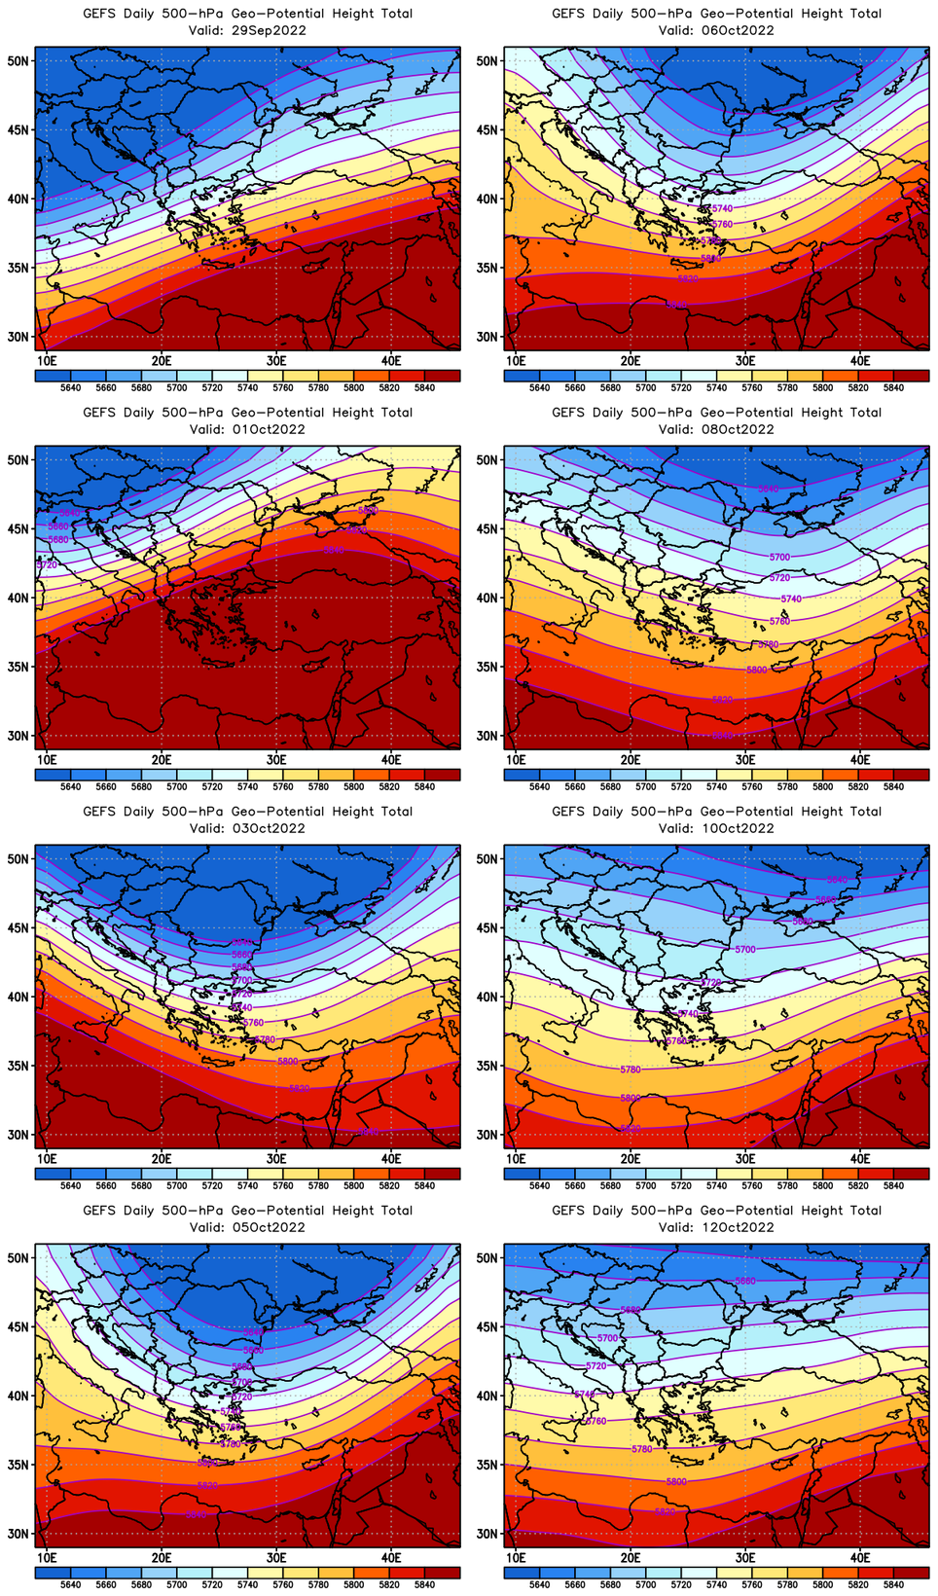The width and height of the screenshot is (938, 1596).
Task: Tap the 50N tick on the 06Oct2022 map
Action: point(487,60)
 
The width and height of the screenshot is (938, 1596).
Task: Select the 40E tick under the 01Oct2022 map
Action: point(391,760)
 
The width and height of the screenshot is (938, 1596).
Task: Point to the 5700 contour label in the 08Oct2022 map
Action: point(779,558)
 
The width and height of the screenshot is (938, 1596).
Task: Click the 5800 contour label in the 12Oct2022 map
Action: point(676,1482)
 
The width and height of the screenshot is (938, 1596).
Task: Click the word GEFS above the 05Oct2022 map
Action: point(99,1211)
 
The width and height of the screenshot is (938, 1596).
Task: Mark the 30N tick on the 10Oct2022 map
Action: point(487,1135)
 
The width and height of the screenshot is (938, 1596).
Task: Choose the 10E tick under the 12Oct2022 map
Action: point(516,1558)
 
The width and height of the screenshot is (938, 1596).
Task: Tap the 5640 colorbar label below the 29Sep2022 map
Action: point(71,387)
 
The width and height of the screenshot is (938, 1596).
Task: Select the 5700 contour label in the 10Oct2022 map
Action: point(744,949)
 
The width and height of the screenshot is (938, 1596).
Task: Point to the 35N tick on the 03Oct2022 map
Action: point(18,1066)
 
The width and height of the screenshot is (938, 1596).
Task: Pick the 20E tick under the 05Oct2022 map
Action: point(162,1558)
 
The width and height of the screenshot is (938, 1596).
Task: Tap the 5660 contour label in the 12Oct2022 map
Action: point(745,1281)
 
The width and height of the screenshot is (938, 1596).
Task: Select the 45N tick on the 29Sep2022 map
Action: point(18,129)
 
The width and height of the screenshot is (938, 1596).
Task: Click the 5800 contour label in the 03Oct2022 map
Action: point(288,1062)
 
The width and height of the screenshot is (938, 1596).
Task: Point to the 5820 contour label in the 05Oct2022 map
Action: point(207,1485)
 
